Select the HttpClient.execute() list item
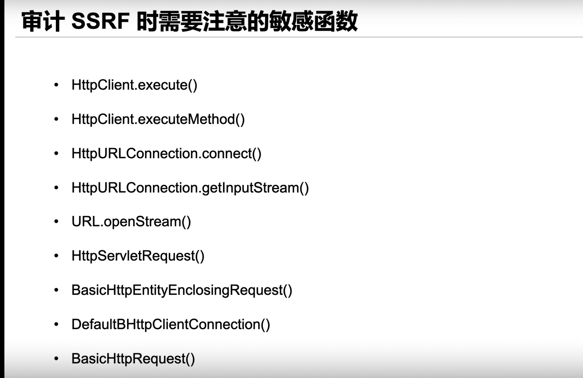click(134, 85)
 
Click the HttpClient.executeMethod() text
click(158, 119)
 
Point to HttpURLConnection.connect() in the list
click(166, 153)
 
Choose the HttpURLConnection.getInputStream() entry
click(190, 188)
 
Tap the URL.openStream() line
click(131, 222)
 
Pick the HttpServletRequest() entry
click(138, 256)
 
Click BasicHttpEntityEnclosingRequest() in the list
click(182, 290)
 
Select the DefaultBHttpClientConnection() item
click(171, 324)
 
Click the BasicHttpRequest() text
click(133, 359)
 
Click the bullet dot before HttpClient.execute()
click(56, 85)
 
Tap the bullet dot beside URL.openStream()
click(56, 222)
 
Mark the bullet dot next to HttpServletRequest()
click(56, 256)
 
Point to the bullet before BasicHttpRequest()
click(56, 359)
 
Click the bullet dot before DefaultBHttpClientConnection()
click(56, 324)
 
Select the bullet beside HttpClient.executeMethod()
click(56, 119)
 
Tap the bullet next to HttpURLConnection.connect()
click(56, 153)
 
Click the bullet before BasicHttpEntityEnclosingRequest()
click(56, 290)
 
